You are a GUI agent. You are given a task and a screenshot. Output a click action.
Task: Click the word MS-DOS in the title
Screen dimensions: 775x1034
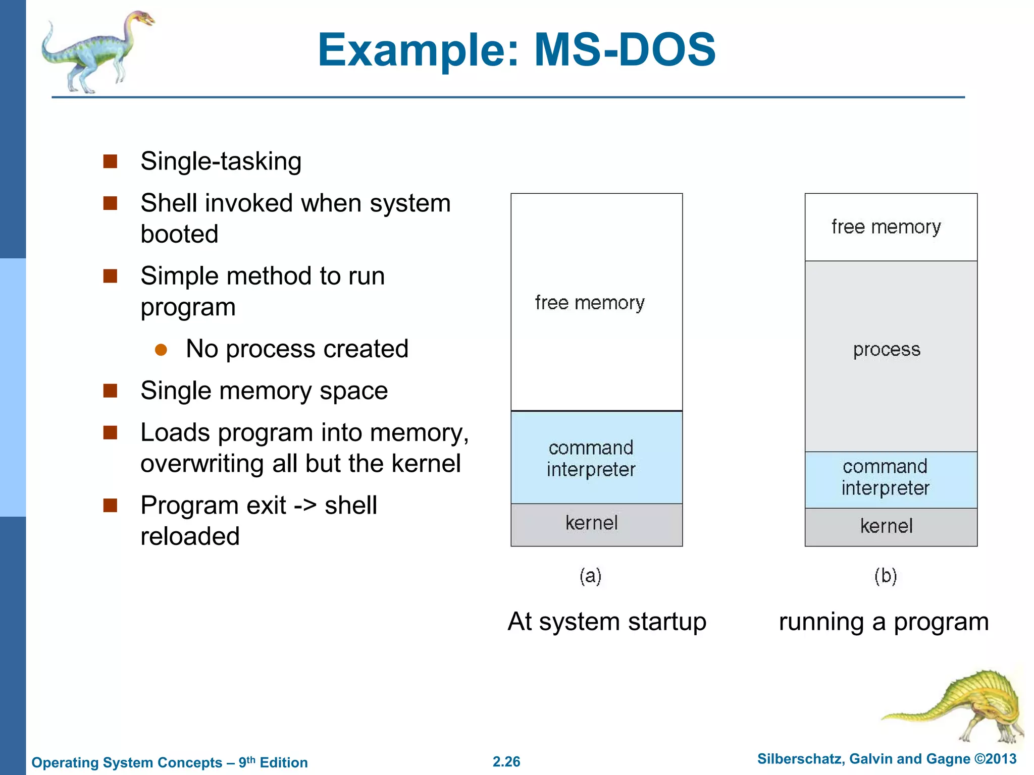625,50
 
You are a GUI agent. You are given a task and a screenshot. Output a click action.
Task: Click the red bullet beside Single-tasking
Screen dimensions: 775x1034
110,161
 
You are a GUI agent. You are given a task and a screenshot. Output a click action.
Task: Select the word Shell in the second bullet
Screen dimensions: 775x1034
168,203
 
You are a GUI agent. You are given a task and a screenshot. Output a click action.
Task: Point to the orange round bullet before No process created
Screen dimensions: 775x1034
161,350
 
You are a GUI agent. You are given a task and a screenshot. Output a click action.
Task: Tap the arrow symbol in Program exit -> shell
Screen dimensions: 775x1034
305,506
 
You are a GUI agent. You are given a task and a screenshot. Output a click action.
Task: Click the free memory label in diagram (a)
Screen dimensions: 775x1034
590,303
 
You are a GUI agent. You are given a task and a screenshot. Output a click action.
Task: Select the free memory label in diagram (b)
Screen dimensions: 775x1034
886,227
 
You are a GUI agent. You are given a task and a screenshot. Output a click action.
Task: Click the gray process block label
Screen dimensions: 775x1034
887,350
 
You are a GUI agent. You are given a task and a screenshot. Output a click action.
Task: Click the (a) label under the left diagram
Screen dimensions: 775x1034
590,576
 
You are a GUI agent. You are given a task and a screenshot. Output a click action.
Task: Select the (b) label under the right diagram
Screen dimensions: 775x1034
886,576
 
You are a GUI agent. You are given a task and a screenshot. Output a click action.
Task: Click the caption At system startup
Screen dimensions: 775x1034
606,622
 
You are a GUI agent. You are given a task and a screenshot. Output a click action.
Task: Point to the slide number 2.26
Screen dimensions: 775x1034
506,761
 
